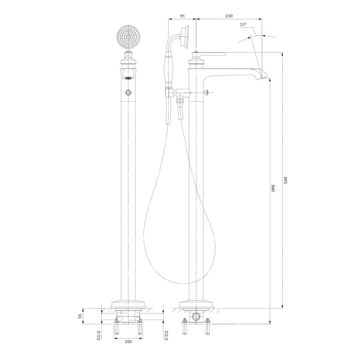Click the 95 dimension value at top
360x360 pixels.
point(182,16)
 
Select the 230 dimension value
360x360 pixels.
point(229,16)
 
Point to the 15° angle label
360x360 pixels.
point(243,24)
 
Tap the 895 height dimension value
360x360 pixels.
point(285,180)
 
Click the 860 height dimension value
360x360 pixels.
point(273,188)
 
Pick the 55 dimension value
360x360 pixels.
point(80,316)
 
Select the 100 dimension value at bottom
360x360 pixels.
point(128,342)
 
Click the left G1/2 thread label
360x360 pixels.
point(99,335)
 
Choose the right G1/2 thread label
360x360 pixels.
point(166,335)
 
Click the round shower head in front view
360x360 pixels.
point(128,37)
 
